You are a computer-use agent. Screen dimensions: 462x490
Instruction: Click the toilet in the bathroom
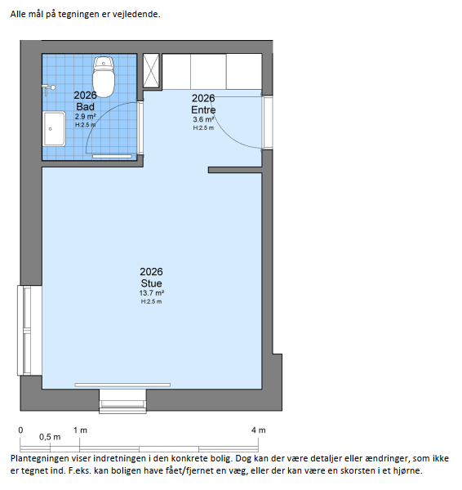(x=104, y=77)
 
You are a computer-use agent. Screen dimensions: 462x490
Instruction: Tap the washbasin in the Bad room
(x=54, y=129)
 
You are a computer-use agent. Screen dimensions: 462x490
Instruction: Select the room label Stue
(x=151, y=283)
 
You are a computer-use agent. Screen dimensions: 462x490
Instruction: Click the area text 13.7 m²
(x=152, y=293)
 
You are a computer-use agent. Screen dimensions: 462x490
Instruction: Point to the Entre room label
(x=203, y=109)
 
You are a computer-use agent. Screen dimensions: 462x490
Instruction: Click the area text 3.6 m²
(x=203, y=119)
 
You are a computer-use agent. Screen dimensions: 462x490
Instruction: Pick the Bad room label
(x=85, y=106)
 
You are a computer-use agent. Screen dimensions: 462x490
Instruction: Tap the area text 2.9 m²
(x=85, y=117)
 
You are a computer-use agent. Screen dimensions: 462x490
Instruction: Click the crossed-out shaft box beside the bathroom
(x=151, y=70)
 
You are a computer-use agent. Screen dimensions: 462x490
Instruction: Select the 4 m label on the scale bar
(x=258, y=430)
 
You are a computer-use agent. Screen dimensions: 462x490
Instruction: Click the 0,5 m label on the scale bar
(x=50, y=437)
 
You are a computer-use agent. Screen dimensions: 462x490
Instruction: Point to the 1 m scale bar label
(x=80, y=430)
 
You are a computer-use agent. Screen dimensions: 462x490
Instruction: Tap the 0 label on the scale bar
(x=20, y=430)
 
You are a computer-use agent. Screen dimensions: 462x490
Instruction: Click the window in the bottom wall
(x=122, y=402)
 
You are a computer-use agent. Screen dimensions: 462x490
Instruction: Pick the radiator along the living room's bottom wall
(x=122, y=385)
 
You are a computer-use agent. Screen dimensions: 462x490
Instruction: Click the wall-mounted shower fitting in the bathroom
(x=48, y=89)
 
